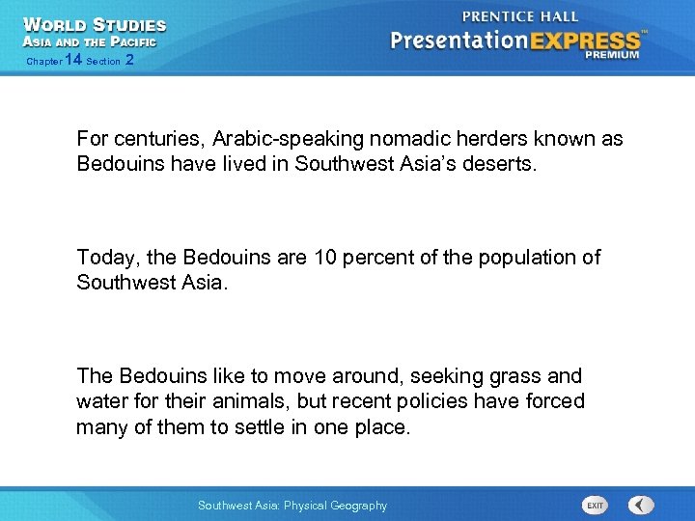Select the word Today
point(103,258)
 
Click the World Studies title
point(94,25)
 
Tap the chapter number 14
point(72,60)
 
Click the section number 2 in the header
point(129,60)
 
